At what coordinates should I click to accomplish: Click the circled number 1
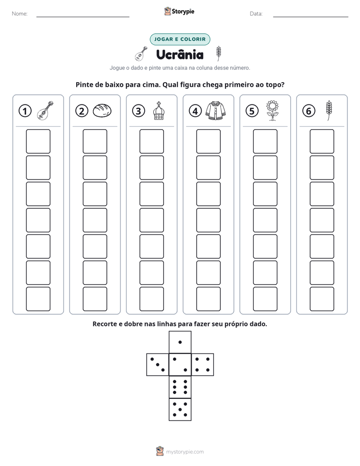[25, 111]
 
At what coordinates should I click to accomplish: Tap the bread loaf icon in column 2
[102, 110]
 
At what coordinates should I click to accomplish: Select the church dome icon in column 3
[159, 110]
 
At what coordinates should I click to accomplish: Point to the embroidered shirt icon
[215, 110]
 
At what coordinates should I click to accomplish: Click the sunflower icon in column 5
[272, 110]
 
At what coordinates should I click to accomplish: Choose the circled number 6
[309, 111]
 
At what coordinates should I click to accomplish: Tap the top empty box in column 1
[38, 141]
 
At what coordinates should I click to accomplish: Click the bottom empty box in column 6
[322, 299]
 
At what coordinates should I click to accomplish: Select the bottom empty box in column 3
[151, 299]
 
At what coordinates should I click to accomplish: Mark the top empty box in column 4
[208, 141]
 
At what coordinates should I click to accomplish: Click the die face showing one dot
[180, 342]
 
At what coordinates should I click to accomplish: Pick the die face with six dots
[180, 387]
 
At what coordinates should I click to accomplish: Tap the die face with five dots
[180, 409]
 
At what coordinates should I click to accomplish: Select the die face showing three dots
[158, 364]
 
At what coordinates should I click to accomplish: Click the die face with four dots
[203, 364]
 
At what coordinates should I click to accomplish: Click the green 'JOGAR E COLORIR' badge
[180, 39]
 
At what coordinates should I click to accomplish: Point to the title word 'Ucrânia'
[180, 54]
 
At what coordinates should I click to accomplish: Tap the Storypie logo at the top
[179, 11]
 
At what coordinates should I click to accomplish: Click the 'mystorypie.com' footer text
[185, 452]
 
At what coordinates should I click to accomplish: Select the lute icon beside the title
[141, 53]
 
